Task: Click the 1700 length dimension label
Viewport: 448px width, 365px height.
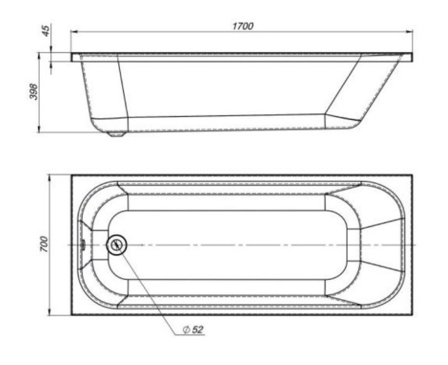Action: [x=242, y=26]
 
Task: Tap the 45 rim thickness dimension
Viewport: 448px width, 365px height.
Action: [x=46, y=30]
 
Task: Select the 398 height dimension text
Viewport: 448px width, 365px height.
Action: [x=34, y=92]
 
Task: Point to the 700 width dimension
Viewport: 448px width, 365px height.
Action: [x=45, y=243]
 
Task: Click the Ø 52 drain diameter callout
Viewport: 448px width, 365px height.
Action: [x=193, y=329]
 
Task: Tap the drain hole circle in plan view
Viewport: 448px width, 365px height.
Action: [x=117, y=245]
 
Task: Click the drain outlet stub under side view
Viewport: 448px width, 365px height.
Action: [x=117, y=134]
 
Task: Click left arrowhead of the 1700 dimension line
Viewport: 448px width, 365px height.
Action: [x=75, y=32]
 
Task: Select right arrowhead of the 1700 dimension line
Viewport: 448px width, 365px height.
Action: [x=409, y=32]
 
